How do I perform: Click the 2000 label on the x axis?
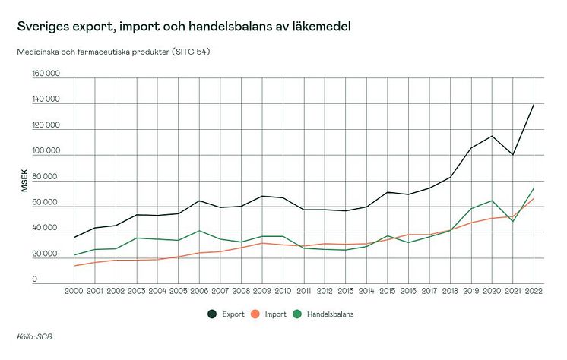pos(74,290)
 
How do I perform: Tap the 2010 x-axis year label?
pos(283,290)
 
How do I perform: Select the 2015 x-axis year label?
pos(387,290)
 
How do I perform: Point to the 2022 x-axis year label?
pos(534,290)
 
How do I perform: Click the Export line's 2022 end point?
pos(534,104)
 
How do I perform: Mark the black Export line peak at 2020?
pos(492,136)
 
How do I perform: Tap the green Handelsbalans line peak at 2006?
pos(199,231)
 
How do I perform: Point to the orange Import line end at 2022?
pos(534,199)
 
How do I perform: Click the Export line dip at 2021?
pos(512,155)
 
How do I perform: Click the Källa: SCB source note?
pos(34,336)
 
